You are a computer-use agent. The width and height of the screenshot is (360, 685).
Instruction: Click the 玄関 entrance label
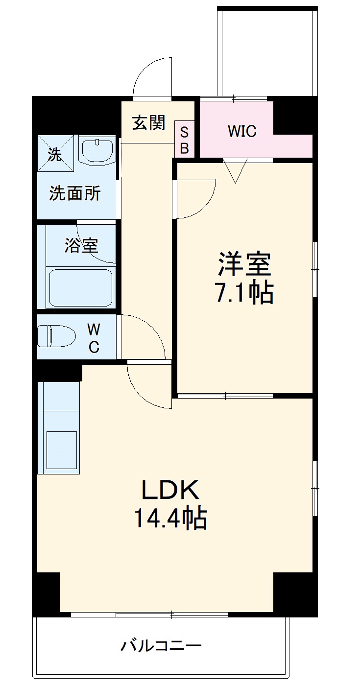point(148,122)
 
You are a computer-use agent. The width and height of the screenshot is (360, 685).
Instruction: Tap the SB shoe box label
point(184,140)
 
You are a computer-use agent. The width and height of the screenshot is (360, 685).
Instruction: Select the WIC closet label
point(242,131)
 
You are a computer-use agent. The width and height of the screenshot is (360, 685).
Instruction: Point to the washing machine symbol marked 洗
point(55,154)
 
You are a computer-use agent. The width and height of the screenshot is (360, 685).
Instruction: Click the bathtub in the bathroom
point(82,287)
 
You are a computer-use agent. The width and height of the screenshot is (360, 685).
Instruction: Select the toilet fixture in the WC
point(57,337)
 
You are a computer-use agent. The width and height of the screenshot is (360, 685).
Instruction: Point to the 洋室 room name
point(244,265)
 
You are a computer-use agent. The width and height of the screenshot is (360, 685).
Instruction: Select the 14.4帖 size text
point(170,519)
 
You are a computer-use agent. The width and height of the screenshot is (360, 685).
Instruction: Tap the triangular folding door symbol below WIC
point(236,171)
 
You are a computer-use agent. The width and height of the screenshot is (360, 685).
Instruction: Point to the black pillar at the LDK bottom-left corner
point(47,593)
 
